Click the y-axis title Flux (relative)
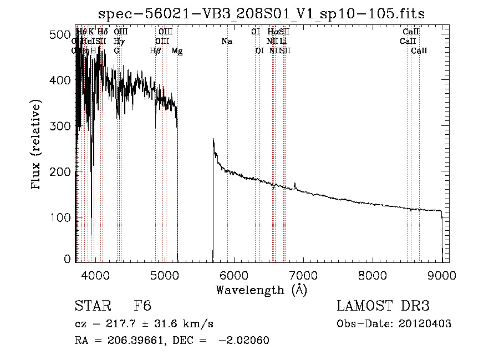coord(37,145)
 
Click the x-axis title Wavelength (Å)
coord(261,290)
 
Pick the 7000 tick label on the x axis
coord(303,275)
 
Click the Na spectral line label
coord(226,41)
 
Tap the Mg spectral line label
coord(177,51)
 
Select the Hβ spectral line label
coord(155,51)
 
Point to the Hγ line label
coord(119,41)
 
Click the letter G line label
coord(116,51)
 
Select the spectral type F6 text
coord(142,307)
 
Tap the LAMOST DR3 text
coord(383,307)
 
